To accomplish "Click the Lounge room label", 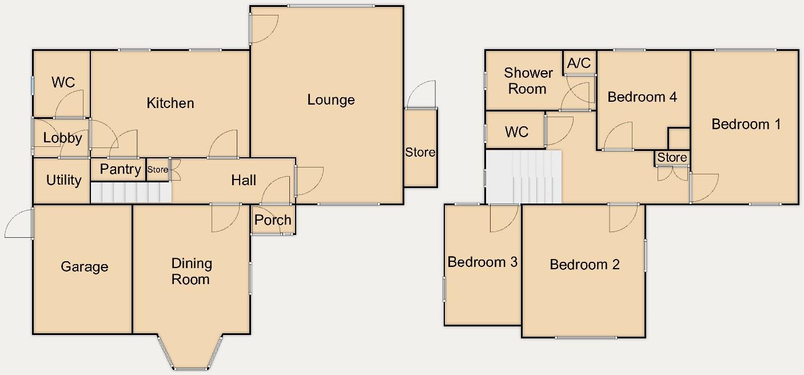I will (331, 100).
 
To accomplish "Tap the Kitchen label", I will (170, 103).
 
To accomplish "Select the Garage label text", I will (84, 267).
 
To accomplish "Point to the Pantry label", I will (120, 169).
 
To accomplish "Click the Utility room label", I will (63, 181).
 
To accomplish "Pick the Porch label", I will (273, 220).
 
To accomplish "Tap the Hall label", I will (244, 181).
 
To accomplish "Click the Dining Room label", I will (192, 272).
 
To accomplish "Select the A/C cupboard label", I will (579, 63).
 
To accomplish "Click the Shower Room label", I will (528, 81).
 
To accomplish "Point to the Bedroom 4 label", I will (642, 97).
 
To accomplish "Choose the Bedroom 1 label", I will (746, 124).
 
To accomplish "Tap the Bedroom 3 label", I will (482, 262).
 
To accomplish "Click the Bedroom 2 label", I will (584, 265).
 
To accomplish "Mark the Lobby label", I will (62, 138).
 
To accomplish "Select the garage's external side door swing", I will (18, 224).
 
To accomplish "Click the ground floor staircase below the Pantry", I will (131, 193).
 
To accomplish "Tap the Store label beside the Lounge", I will (420, 153).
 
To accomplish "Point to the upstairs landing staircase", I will (524, 177).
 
